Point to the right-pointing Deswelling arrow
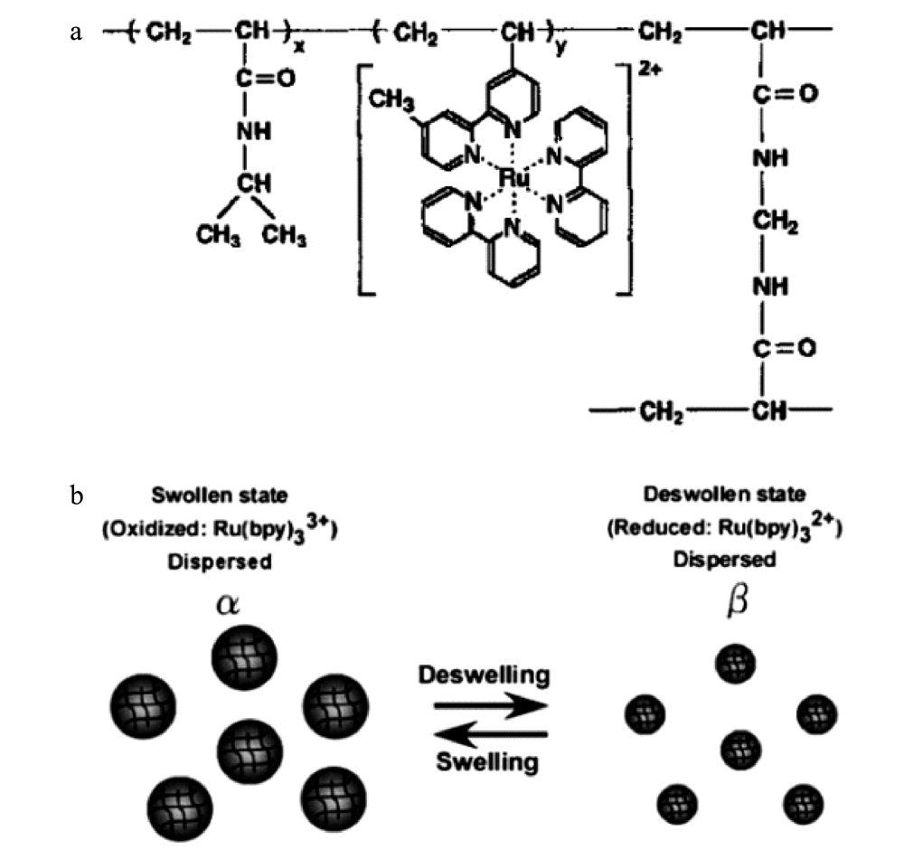[x=491, y=706]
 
